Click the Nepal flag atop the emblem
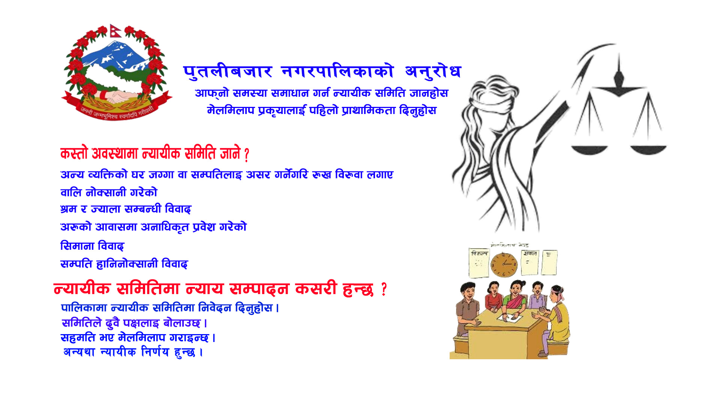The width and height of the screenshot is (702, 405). pos(116,31)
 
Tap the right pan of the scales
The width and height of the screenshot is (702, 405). pos(648,149)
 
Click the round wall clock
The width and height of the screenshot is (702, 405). pos(504,265)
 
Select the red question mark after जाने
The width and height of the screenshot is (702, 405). pos(246,155)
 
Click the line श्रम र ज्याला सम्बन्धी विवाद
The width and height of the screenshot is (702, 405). pos(126,209)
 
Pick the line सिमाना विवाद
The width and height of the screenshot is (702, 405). pos(92,246)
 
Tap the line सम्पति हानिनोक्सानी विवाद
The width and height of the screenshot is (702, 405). pos(124,264)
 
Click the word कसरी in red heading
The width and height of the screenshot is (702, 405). pos(316,289)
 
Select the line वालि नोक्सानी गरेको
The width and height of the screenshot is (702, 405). pos(109,192)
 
